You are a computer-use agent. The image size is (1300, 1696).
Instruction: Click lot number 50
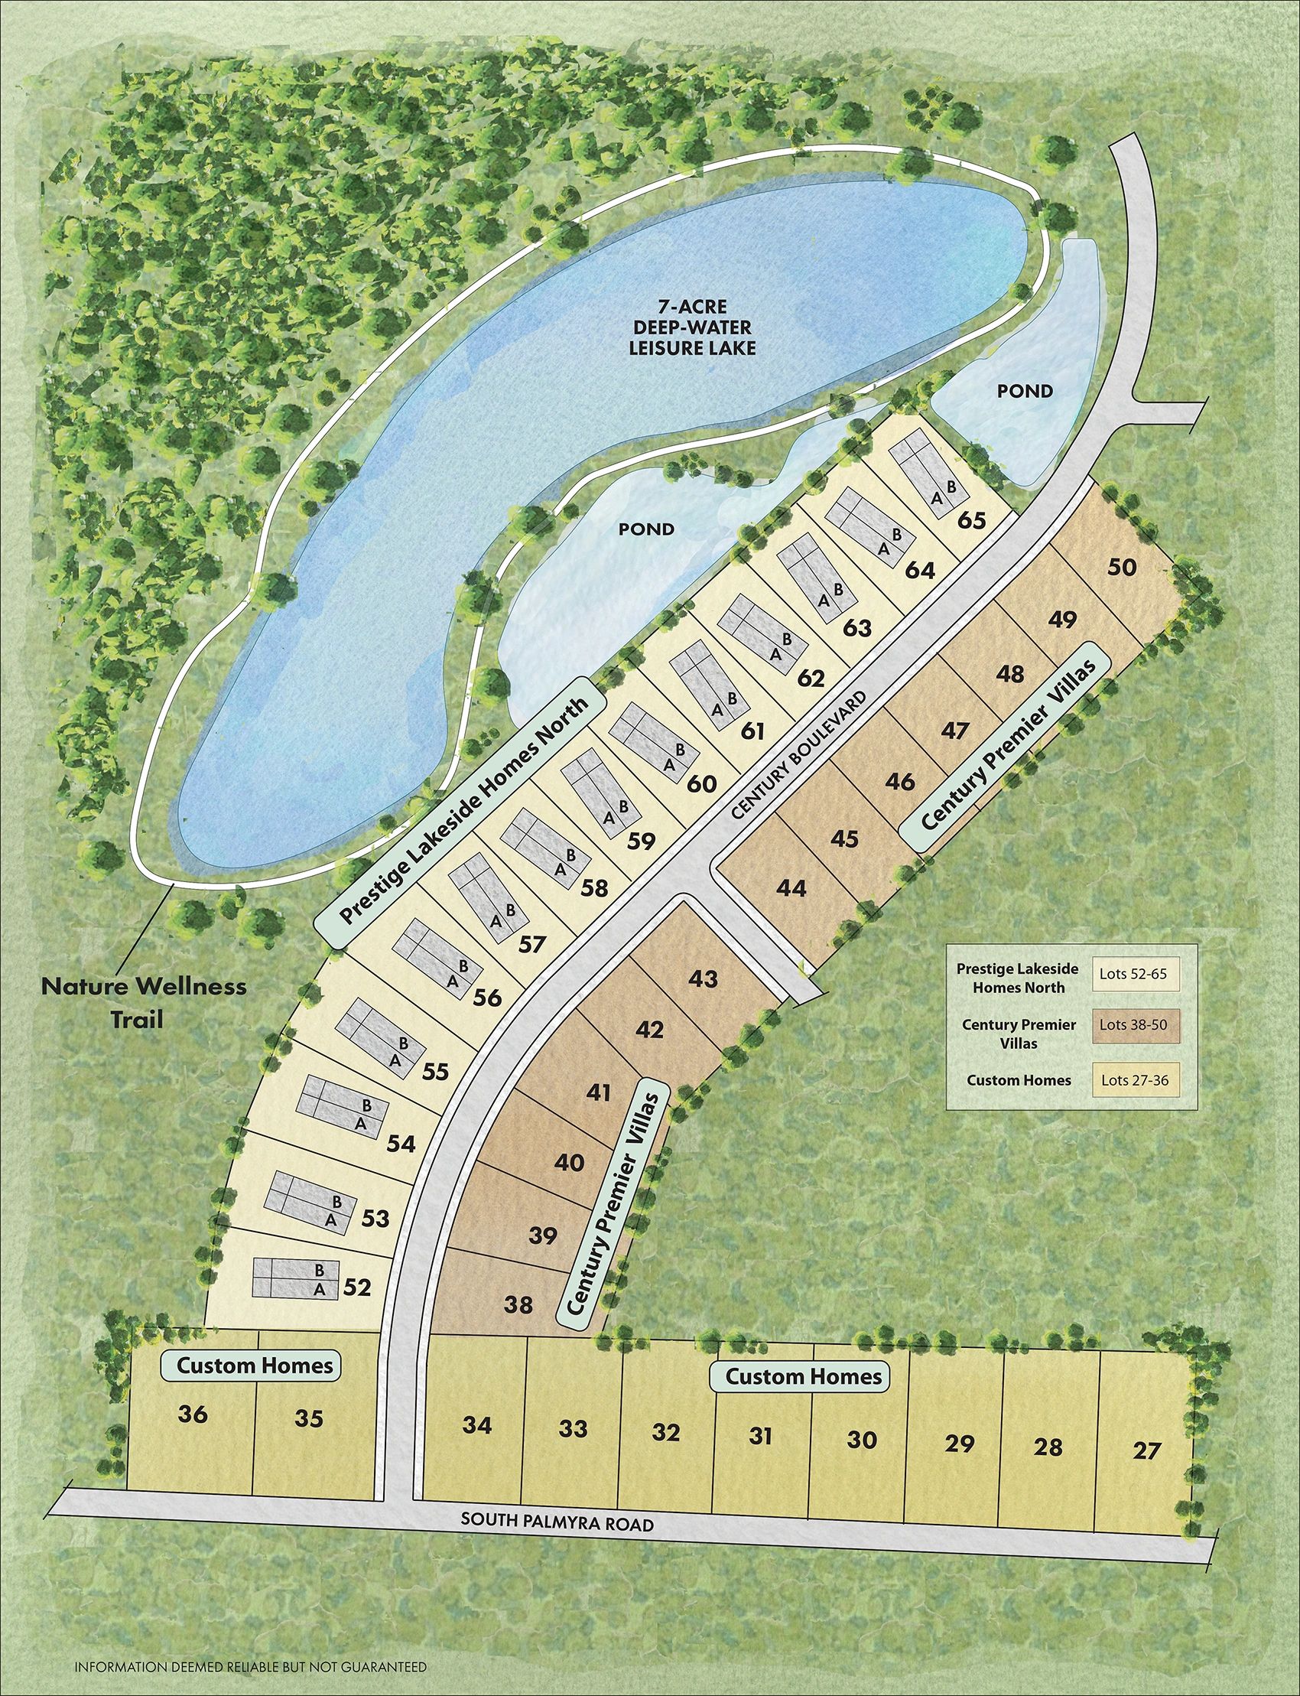pyautogui.click(x=1122, y=568)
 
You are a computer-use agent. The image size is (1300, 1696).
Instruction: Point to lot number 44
pyautogui.click(x=791, y=888)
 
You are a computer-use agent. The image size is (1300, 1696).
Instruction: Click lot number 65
pyautogui.click(x=971, y=520)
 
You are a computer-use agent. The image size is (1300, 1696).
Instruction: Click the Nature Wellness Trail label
pyautogui.click(x=144, y=1002)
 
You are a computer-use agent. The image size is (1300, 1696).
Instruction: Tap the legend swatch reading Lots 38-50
pyautogui.click(x=1133, y=1026)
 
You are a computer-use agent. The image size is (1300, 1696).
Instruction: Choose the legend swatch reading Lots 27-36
pyautogui.click(x=1133, y=1081)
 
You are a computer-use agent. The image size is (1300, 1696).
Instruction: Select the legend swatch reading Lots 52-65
pyautogui.click(x=1133, y=975)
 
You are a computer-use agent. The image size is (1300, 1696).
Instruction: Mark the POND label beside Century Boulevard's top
pyautogui.click(x=1025, y=391)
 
